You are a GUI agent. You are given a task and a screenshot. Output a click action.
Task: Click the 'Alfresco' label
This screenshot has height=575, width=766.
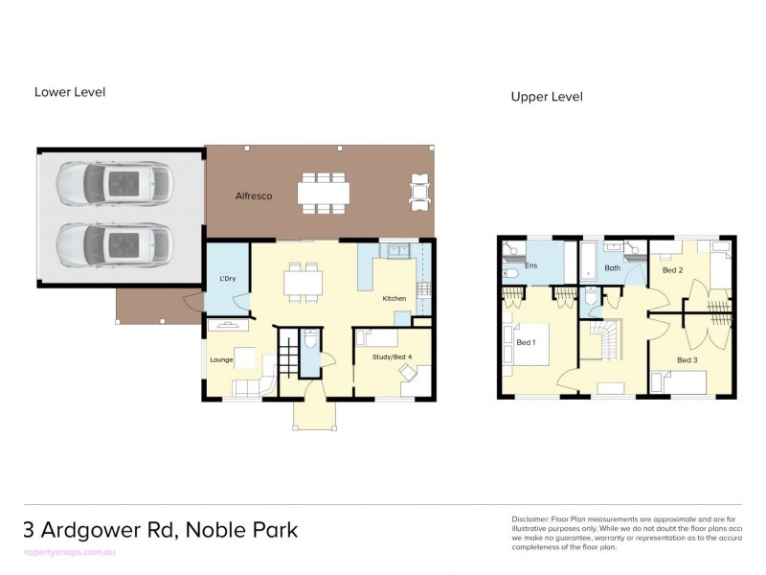pyautogui.click(x=254, y=196)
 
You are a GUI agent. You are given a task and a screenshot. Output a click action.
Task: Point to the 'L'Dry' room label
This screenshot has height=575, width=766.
pyautogui.click(x=227, y=279)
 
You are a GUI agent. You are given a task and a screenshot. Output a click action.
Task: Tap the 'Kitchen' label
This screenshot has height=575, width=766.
pyautogui.click(x=394, y=298)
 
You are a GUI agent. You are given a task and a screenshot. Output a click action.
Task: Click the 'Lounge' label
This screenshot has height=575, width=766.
pyautogui.click(x=222, y=360)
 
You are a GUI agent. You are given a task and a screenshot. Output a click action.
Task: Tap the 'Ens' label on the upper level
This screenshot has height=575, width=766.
pyautogui.click(x=530, y=266)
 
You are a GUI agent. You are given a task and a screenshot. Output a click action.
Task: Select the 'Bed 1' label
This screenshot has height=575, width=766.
pyautogui.click(x=527, y=342)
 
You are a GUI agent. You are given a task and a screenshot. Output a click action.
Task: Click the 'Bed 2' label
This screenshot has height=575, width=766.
pyautogui.click(x=673, y=270)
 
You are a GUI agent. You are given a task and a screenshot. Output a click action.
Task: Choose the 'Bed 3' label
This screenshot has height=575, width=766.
pyautogui.click(x=687, y=359)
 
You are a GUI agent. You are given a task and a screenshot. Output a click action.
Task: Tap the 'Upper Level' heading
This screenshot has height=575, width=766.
pyautogui.click(x=547, y=97)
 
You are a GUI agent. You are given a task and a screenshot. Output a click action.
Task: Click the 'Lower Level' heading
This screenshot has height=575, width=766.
pyautogui.click(x=70, y=92)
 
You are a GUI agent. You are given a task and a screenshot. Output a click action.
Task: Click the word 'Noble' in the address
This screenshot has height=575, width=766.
pyautogui.click(x=216, y=530)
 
